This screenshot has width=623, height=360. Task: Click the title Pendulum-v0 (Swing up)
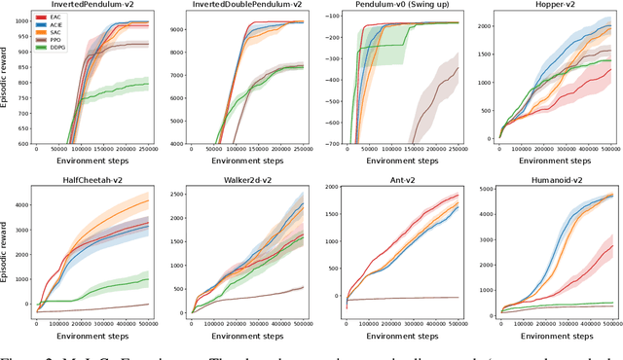(402, 6)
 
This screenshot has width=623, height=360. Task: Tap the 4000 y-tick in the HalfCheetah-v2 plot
(21, 203)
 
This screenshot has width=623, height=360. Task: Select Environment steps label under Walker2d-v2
(249, 336)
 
